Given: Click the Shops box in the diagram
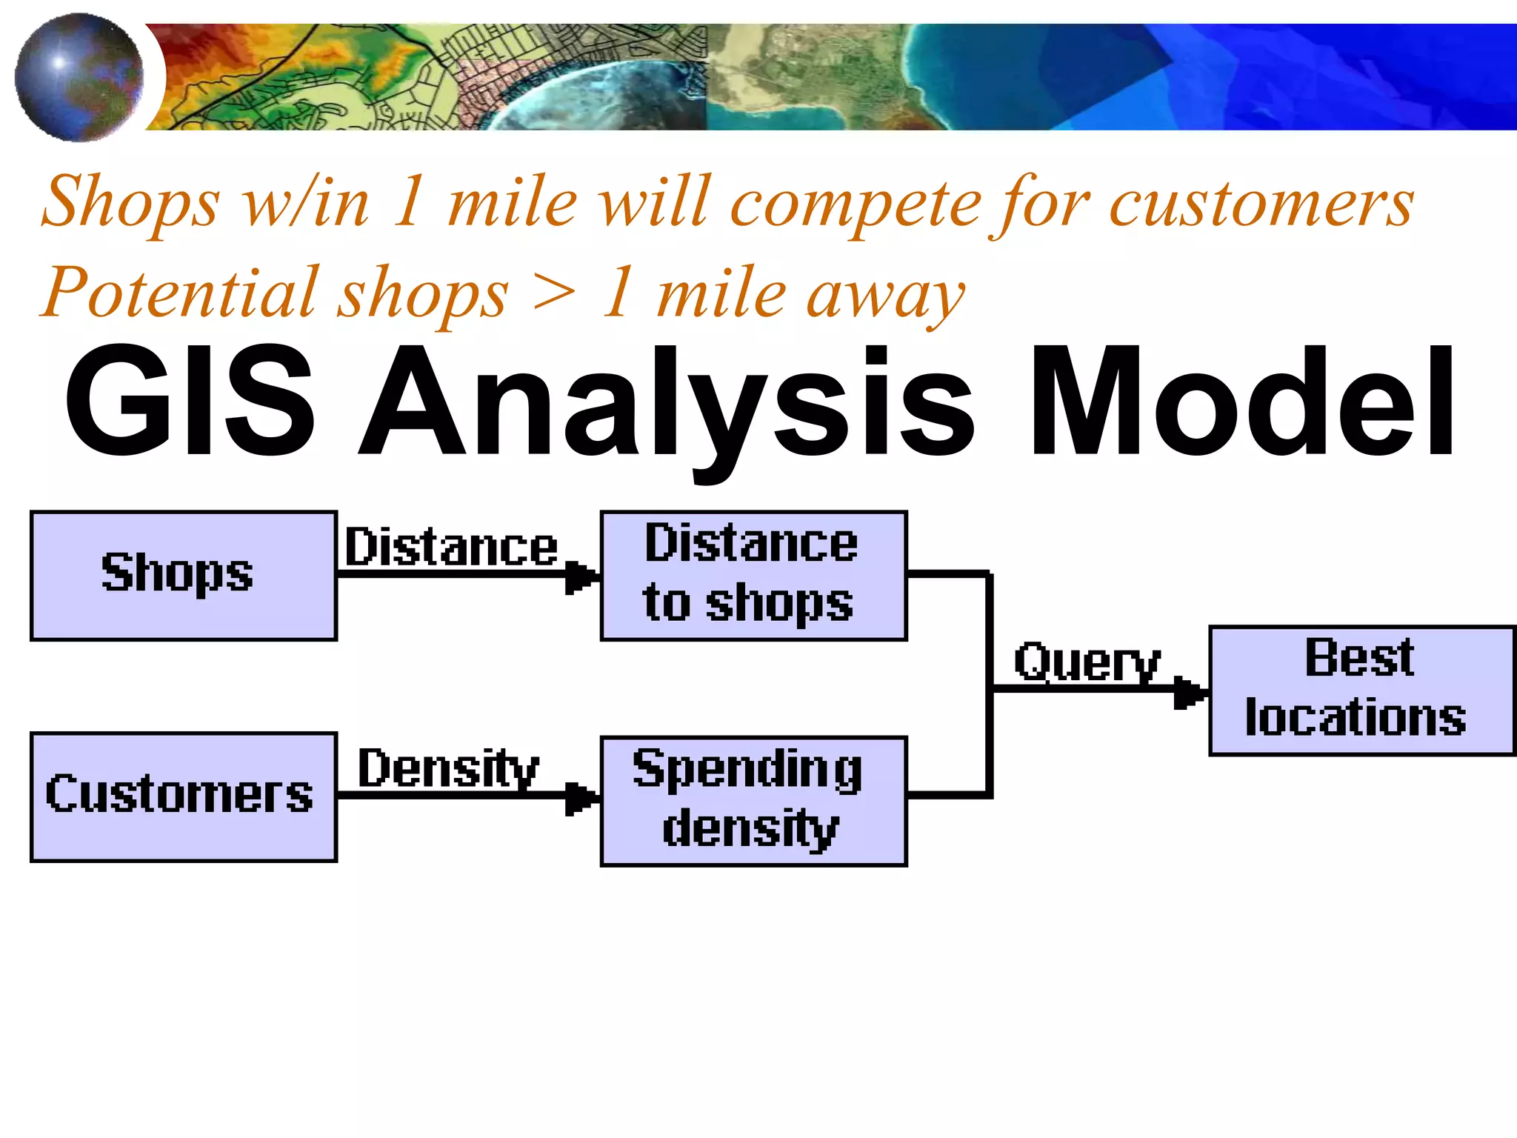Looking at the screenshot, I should pos(184,576).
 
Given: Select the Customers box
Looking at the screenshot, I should pos(184,797).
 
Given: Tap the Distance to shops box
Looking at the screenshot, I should pos(753,576).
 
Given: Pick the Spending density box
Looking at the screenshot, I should pos(753,801).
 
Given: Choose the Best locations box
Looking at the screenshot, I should pos(1361,691).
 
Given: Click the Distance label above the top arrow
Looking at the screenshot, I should pos(451,548).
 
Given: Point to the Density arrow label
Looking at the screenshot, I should pos(448,768).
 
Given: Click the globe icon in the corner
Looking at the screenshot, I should pos(79,77).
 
